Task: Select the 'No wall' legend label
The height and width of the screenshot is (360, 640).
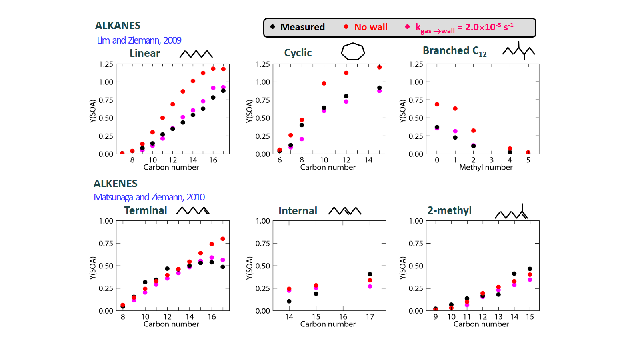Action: pyautogui.click(x=371, y=27)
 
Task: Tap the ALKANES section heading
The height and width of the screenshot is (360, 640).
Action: pyautogui.click(x=118, y=26)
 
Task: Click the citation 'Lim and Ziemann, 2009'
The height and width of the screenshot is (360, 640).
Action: pyautogui.click(x=139, y=40)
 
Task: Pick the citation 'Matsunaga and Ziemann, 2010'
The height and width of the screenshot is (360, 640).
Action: pyautogui.click(x=149, y=197)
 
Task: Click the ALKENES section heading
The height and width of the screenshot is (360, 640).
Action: pyautogui.click(x=116, y=184)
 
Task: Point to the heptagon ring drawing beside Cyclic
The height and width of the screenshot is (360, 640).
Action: pyautogui.click(x=352, y=51)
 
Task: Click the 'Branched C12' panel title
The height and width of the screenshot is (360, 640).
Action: pyautogui.click(x=454, y=51)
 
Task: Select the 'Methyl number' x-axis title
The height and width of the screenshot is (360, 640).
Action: pyautogui.click(x=486, y=167)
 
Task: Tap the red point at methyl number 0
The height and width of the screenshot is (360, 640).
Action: pyautogui.click(x=437, y=104)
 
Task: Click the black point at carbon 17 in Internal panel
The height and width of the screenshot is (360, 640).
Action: pyautogui.click(x=370, y=274)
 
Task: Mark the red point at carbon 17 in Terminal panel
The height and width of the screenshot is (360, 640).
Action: pyautogui.click(x=223, y=239)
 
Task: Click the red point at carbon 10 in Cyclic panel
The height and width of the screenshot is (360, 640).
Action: pyautogui.click(x=324, y=84)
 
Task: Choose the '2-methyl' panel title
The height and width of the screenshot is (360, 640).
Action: pyautogui.click(x=449, y=210)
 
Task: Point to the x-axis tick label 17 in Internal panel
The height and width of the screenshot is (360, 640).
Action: pyautogui.click(x=370, y=317)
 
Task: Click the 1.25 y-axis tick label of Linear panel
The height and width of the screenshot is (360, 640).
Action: pyautogui.click(x=106, y=64)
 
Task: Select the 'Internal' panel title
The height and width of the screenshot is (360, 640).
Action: pyautogui.click(x=298, y=211)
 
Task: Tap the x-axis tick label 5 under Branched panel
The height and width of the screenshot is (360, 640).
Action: pyautogui.click(x=528, y=160)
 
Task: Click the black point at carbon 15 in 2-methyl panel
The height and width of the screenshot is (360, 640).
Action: pyautogui.click(x=530, y=269)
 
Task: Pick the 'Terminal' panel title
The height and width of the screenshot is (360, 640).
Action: pyautogui.click(x=146, y=210)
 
